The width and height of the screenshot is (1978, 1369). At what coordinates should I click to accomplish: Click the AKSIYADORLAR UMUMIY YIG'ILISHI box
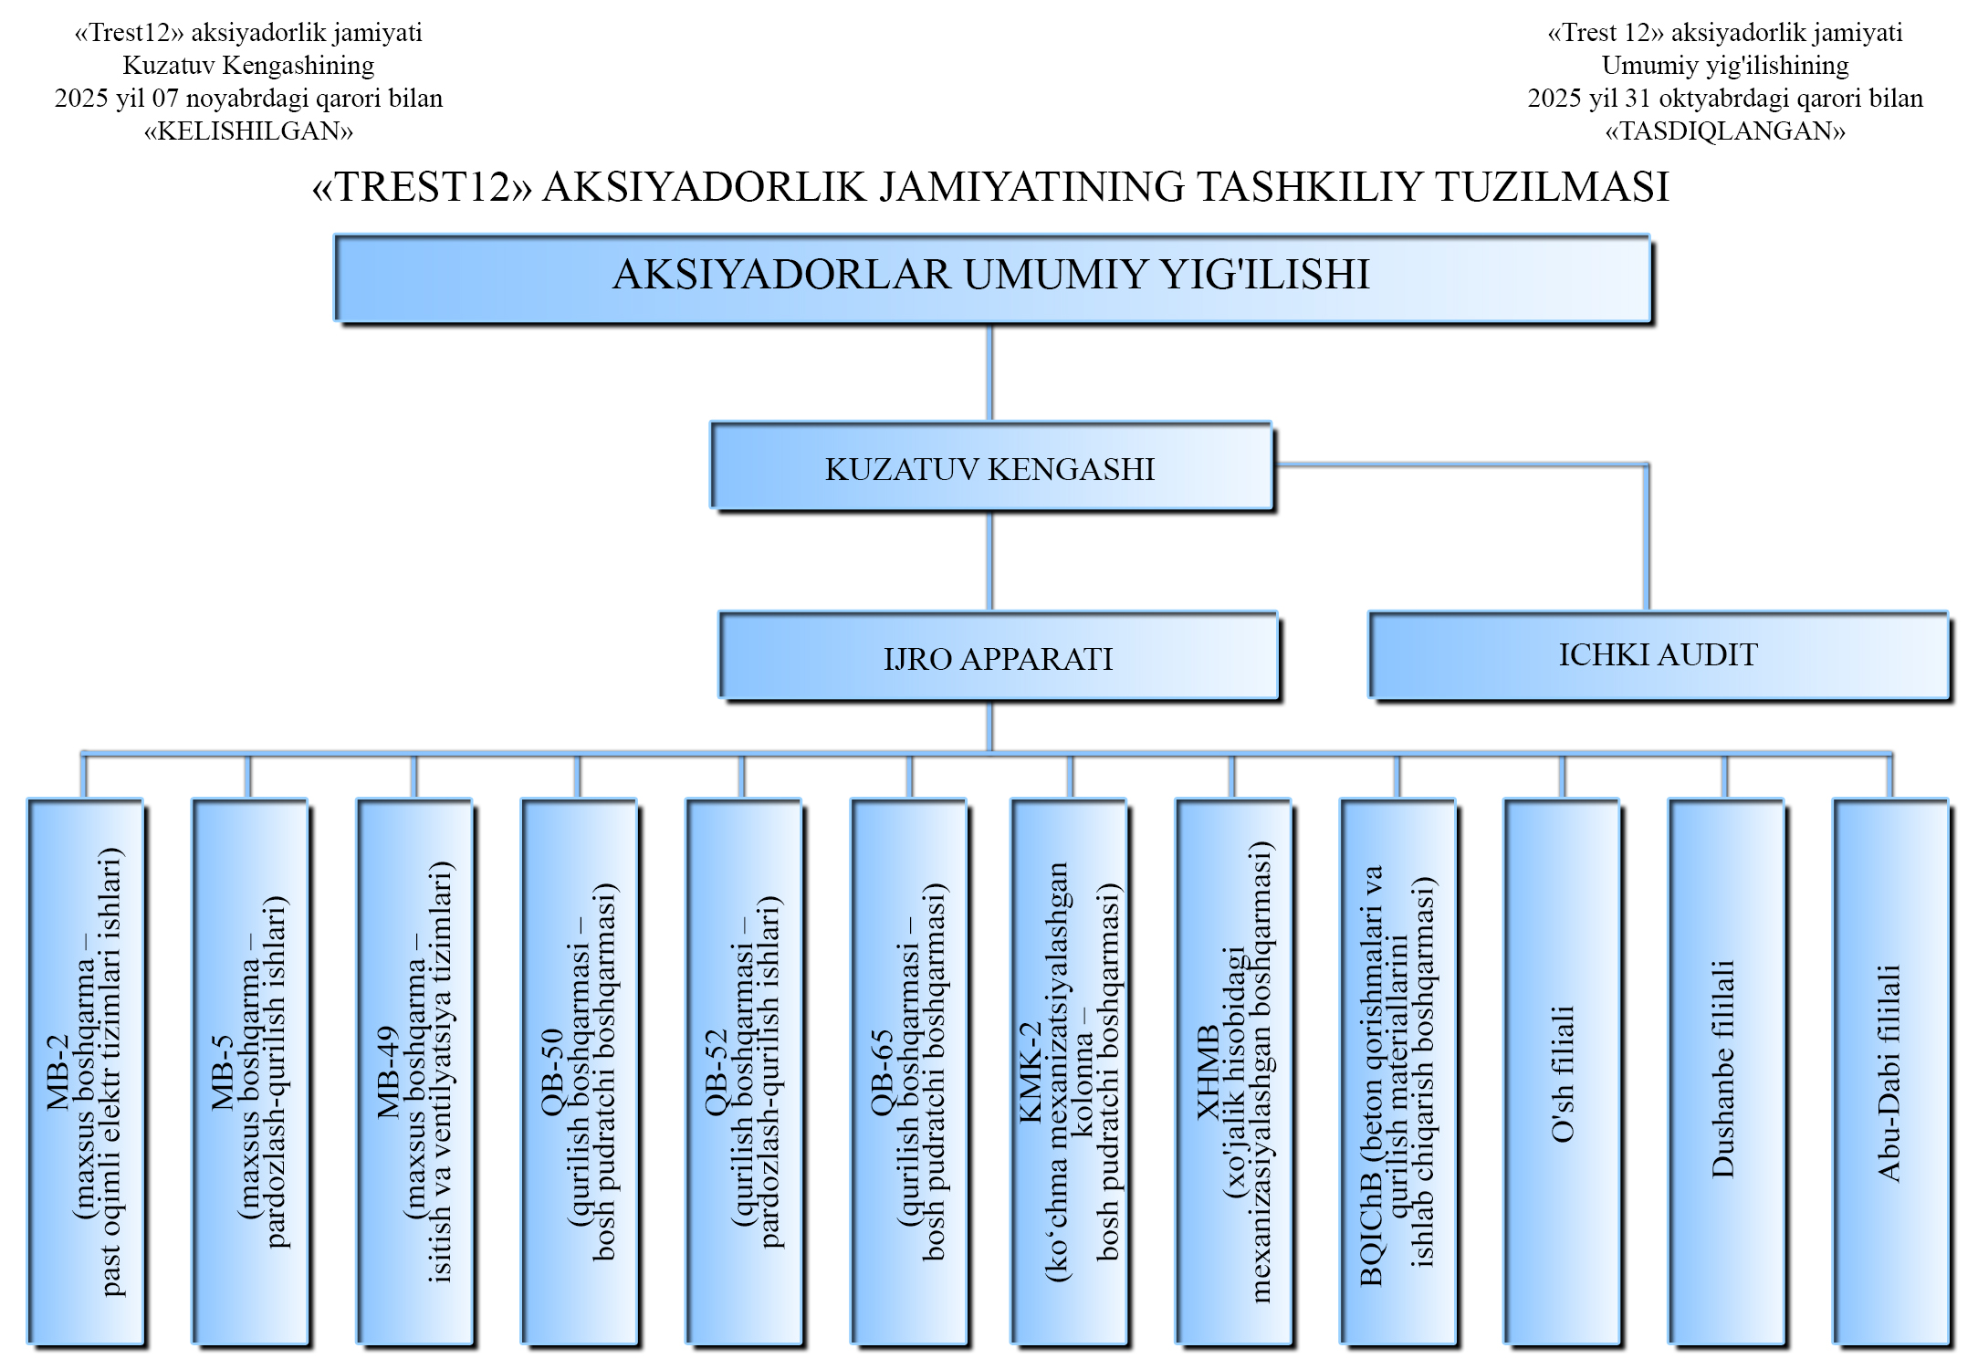click(992, 277)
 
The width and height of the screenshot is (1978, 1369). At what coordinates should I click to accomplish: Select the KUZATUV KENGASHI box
click(991, 466)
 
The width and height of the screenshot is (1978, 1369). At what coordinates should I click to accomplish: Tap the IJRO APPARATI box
click(998, 656)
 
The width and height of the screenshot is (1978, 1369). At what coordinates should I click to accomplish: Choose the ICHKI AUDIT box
click(1658, 654)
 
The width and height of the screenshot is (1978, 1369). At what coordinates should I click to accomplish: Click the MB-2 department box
click(86, 1071)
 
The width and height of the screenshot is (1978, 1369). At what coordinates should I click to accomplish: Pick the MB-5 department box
click(249, 1071)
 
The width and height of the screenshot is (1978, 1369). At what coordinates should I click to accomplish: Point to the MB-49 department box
click(414, 1071)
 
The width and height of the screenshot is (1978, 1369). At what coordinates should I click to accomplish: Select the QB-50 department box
click(579, 1071)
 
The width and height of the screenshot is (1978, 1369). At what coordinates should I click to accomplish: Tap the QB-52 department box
click(743, 1071)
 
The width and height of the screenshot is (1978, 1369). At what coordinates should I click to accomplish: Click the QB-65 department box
click(908, 1071)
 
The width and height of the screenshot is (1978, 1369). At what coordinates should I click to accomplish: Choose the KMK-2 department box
click(1069, 1071)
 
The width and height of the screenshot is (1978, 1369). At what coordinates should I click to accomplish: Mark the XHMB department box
click(1233, 1071)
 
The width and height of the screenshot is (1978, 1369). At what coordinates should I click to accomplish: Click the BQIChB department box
click(1397, 1071)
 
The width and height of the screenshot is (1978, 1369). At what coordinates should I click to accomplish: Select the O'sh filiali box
click(1562, 1071)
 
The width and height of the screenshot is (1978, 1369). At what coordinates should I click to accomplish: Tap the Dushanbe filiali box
click(1726, 1071)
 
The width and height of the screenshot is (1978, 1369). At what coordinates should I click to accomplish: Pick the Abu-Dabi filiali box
click(1890, 1071)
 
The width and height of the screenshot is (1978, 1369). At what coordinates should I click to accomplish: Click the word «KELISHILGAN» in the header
click(248, 131)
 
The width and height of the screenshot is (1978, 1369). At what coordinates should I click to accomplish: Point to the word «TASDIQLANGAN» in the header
click(1725, 131)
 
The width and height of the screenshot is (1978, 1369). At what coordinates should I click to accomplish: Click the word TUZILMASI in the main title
click(1552, 187)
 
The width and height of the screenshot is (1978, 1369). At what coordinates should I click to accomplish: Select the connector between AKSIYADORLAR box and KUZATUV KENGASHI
click(990, 372)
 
